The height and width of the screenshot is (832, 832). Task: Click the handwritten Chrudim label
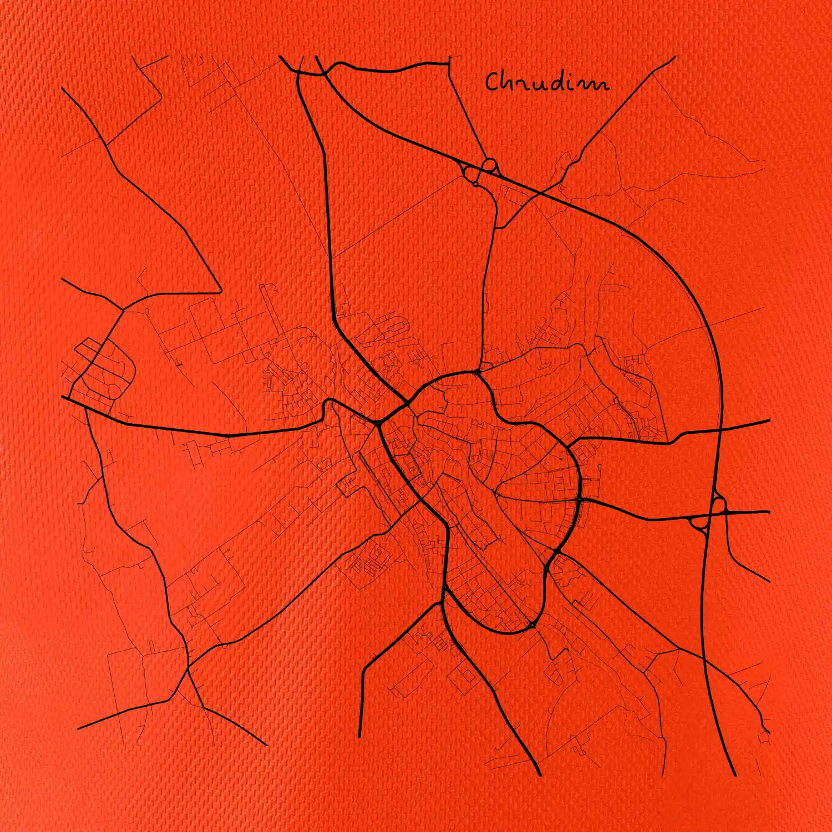coord(547,82)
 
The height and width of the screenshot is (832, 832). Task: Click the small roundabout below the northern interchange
coord(475,184)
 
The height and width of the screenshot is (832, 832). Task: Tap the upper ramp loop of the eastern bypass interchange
coord(719,505)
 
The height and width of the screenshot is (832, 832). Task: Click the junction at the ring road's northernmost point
coord(477,373)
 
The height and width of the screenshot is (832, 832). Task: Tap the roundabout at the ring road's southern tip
coord(531,626)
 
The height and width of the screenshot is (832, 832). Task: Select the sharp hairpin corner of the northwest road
coord(221,291)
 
